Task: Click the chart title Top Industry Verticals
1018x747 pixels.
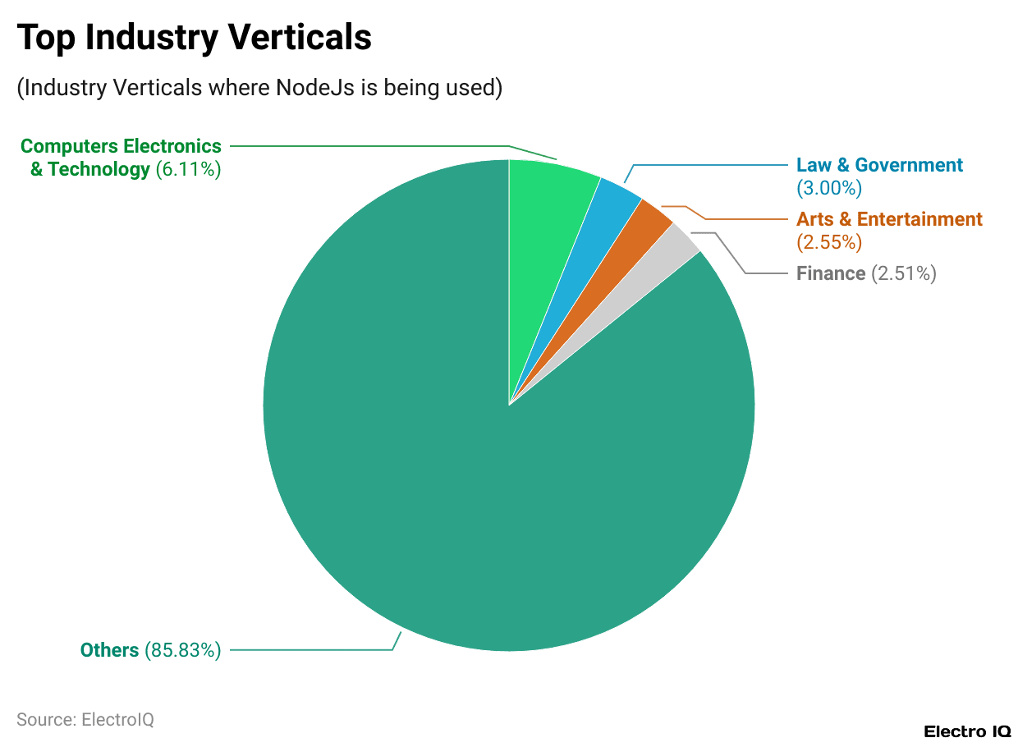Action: (x=195, y=38)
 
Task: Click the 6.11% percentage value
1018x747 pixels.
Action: (x=188, y=170)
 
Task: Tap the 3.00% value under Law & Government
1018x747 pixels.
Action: (x=829, y=188)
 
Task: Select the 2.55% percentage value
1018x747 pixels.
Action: (x=829, y=242)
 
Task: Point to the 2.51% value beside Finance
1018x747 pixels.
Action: (x=904, y=273)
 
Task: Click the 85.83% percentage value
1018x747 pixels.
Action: (x=183, y=650)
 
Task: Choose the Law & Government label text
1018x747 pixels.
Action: (x=879, y=165)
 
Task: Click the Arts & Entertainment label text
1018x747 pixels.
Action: (x=889, y=219)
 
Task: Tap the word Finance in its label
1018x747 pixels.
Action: (x=831, y=273)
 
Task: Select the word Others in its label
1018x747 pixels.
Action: (x=109, y=650)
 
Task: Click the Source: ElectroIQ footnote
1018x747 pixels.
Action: (x=85, y=720)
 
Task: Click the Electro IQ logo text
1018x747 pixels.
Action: (x=967, y=731)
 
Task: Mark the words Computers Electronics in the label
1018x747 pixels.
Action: (x=121, y=146)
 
